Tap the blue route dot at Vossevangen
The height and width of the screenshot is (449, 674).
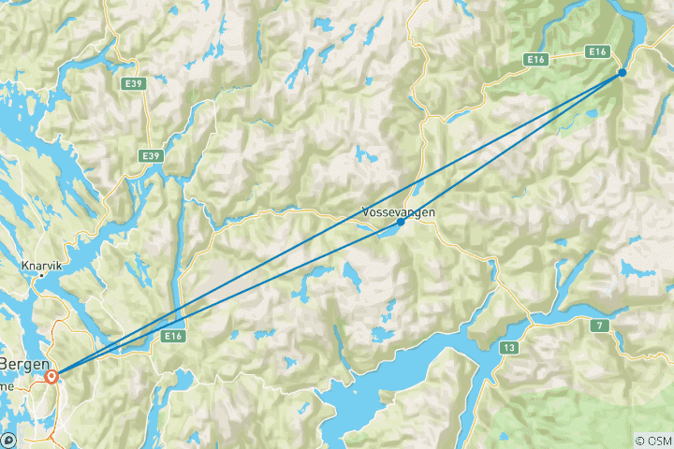tap(402, 222)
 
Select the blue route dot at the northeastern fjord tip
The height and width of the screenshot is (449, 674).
tap(622, 72)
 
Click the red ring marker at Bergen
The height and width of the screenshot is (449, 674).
tap(51, 376)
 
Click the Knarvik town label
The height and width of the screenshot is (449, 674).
tap(42, 265)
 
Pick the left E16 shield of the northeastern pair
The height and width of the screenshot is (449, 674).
tap(536, 60)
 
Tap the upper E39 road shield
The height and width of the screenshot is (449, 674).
tap(133, 83)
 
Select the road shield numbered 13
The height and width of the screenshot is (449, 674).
tap(508, 348)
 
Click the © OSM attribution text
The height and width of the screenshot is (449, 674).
tap(652, 440)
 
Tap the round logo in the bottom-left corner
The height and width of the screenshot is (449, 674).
tap(8, 440)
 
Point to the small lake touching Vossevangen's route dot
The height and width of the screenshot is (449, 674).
tap(386, 228)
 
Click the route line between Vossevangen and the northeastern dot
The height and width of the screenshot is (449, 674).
tap(511, 147)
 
